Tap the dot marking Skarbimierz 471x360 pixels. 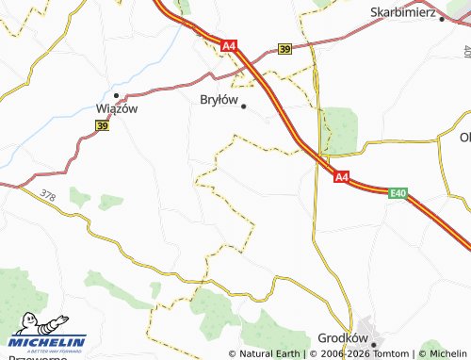(442, 19)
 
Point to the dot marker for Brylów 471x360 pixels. (244, 106)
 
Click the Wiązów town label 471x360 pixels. (119, 108)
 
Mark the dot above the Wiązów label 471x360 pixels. (116, 95)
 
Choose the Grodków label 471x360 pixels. (342, 337)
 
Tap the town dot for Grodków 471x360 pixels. (373, 344)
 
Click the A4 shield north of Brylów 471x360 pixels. (230, 45)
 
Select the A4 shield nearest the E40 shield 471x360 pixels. (341, 176)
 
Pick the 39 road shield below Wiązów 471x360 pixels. (102, 124)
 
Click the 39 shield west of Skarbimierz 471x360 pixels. (285, 49)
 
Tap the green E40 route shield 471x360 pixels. (398, 193)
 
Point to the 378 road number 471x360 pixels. (48, 195)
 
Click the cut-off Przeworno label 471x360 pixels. (33, 356)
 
